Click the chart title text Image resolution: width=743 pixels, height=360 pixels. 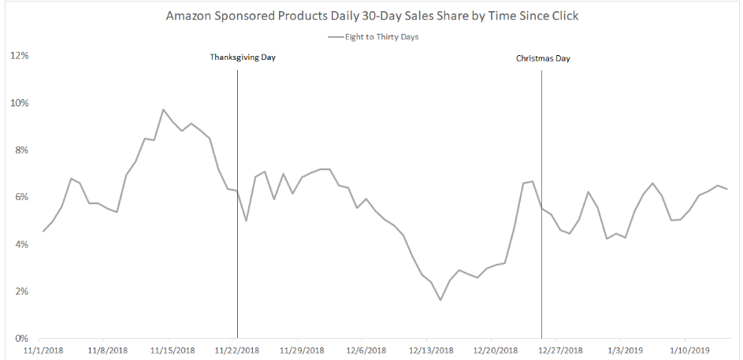click(x=372, y=16)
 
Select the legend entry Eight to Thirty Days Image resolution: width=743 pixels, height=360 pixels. click(x=379, y=36)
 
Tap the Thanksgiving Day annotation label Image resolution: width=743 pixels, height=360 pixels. click(x=243, y=58)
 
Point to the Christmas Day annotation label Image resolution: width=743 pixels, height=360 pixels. click(x=542, y=58)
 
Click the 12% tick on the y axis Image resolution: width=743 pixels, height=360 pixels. click(x=20, y=56)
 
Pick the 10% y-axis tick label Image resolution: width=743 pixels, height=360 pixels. click(x=20, y=103)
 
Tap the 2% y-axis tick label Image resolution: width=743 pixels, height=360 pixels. click(x=22, y=291)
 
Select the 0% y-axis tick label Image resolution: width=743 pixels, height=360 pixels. click(x=22, y=339)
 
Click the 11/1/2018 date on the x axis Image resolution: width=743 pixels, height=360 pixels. click(x=43, y=350)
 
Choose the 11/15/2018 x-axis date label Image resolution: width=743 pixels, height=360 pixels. click(x=172, y=350)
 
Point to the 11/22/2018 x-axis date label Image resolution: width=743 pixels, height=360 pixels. click(x=237, y=350)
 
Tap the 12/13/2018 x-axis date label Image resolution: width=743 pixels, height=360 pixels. click(x=431, y=350)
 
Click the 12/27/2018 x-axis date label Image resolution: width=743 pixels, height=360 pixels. click(x=560, y=350)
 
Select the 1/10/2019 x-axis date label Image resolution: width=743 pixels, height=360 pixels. click(x=689, y=350)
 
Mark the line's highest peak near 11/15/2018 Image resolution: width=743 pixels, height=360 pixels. click(x=163, y=109)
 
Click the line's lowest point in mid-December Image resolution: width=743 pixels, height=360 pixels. click(x=440, y=300)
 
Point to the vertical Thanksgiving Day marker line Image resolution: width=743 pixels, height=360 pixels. click(x=237, y=236)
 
